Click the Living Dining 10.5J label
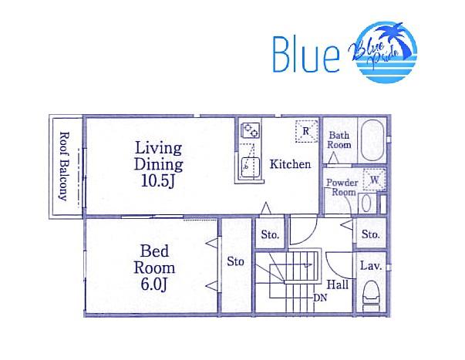[158, 164]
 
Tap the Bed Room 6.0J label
[154, 267]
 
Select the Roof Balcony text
[64, 166]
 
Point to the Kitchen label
[290, 164]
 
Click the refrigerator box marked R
[306, 131]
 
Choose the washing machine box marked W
[375, 180]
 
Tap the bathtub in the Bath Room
[372, 140]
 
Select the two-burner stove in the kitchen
[251, 130]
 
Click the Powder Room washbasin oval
[366, 203]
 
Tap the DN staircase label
[320, 298]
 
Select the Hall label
[338, 284]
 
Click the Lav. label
[371, 265]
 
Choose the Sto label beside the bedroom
[236, 261]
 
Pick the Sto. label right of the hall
[371, 234]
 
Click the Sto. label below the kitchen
[270, 234]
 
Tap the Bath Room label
[339, 140]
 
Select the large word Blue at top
[306, 55]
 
